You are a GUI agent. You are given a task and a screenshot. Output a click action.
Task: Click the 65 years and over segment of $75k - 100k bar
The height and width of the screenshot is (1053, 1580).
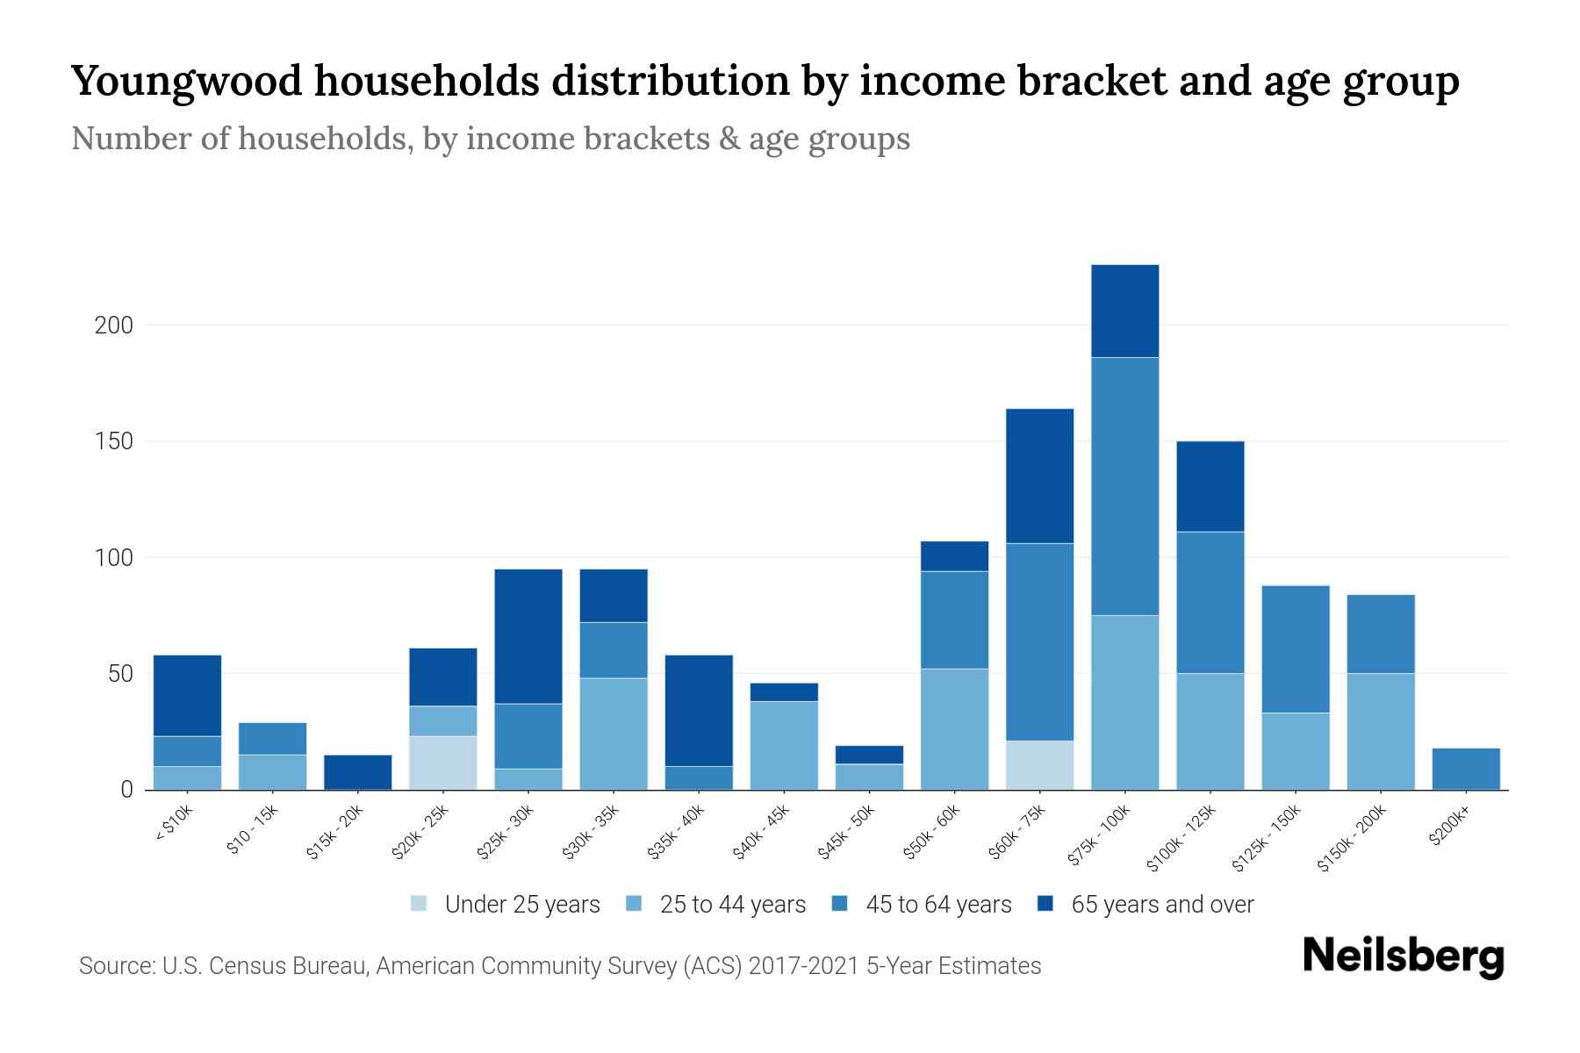point(1124,311)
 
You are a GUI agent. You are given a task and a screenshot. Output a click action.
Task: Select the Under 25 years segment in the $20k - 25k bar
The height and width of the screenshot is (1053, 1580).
point(442,763)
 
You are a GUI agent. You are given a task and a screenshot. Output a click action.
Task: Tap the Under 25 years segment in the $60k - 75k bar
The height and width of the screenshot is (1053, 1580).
point(1039,765)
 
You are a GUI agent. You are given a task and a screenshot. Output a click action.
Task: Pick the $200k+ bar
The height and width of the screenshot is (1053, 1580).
point(1465,769)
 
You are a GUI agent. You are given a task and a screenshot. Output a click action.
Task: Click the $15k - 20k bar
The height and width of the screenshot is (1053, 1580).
point(357,771)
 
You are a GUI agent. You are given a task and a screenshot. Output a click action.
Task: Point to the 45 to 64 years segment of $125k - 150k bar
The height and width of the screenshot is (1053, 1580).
point(1295,649)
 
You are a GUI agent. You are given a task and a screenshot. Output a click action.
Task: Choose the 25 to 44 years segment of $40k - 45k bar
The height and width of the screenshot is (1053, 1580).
point(784,745)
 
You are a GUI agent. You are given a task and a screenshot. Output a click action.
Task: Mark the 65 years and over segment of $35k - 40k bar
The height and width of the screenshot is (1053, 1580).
point(699,711)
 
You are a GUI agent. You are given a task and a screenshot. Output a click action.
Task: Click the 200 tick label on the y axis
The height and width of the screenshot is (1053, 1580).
point(113,326)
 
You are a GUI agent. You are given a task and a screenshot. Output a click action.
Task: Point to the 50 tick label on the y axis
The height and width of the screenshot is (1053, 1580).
point(120,674)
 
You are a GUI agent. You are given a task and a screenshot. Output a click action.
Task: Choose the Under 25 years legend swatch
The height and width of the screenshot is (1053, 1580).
point(419,904)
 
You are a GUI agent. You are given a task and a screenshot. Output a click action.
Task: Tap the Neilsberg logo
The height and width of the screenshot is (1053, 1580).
point(1403,956)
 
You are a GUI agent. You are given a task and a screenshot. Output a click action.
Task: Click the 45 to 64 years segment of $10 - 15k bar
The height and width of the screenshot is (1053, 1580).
point(272,739)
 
